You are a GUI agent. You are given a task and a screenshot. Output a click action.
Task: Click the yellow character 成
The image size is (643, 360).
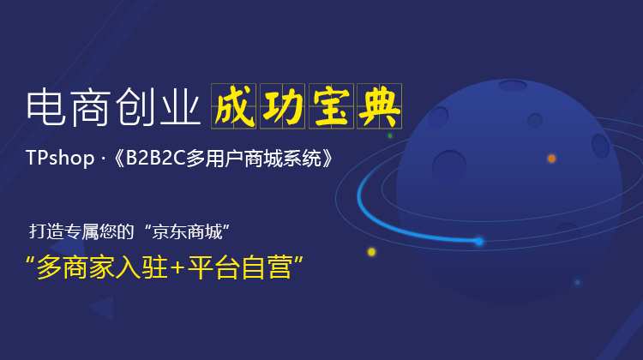(x=235, y=106)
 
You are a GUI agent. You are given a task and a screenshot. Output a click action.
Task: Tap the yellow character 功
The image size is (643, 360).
(x=283, y=106)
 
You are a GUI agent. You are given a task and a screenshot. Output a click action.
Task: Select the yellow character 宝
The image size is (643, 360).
(x=331, y=106)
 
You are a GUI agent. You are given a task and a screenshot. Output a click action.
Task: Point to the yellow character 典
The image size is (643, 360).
(x=379, y=106)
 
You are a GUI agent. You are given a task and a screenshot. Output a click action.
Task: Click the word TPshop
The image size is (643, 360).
(x=60, y=159)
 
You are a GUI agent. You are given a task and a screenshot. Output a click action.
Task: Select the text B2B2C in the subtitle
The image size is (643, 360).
(x=156, y=159)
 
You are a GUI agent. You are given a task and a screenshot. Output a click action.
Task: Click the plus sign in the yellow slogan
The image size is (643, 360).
(x=177, y=267)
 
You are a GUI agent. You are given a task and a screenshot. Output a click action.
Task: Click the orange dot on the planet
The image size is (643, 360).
(x=551, y=159)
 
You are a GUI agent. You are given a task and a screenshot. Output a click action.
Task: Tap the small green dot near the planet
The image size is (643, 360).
(x=390, y=135)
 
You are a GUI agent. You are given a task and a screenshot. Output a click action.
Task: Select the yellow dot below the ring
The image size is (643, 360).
(x=371, y=252)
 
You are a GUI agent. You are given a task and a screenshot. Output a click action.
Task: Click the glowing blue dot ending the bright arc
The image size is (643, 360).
(x=479, y=242)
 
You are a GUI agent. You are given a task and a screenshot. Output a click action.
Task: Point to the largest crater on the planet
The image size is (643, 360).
(x=449, y=165)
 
